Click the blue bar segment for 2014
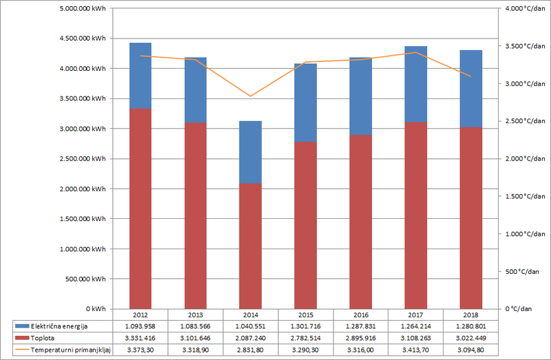250,152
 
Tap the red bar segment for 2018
470,218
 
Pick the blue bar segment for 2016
360,96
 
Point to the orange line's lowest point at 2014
251,96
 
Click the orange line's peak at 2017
415,52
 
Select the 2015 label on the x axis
305,314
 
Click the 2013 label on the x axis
195,314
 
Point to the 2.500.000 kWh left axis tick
83,159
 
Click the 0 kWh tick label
95,309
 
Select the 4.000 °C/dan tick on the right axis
520,9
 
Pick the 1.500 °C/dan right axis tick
520,196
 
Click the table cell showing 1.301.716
305,326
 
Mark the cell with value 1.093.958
141,326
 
